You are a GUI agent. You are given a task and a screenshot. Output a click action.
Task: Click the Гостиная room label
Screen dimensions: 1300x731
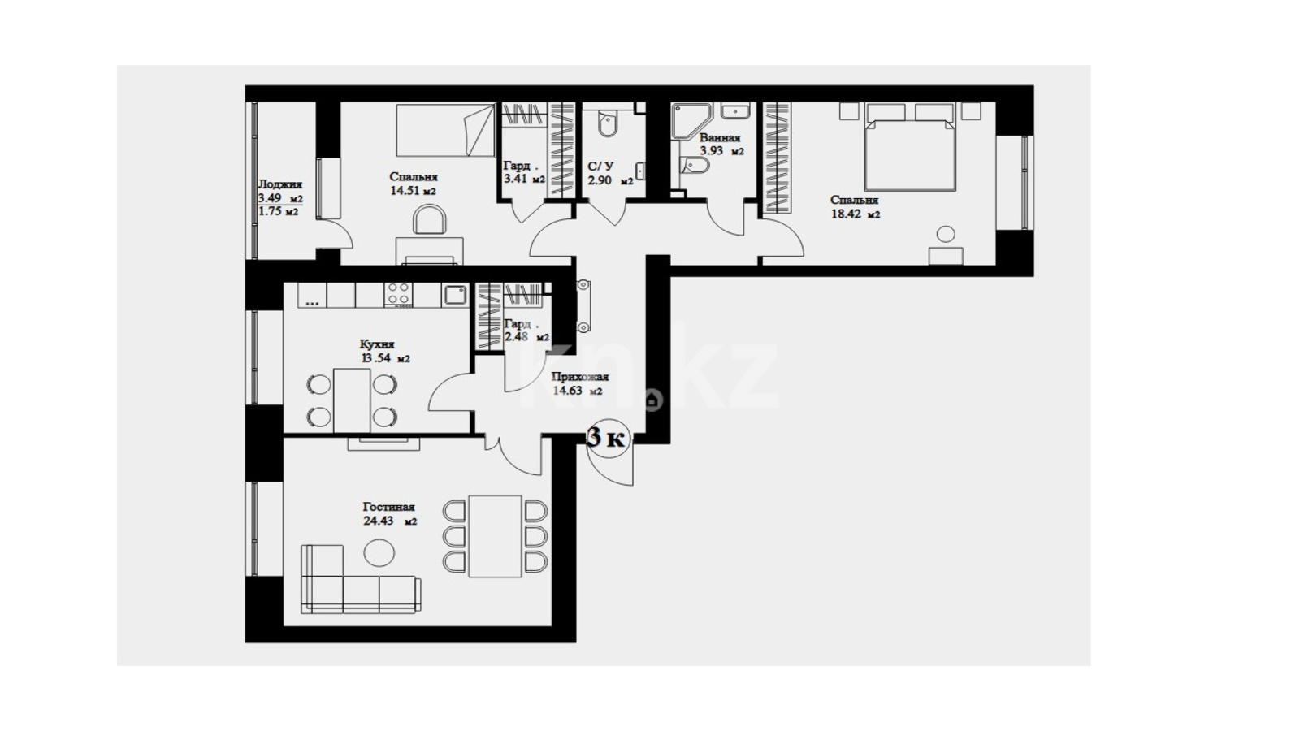coord(389,507)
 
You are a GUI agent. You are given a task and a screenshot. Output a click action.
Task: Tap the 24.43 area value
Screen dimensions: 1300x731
coord(379,521)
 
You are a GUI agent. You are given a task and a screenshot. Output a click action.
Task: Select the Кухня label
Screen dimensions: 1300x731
coord(377,344)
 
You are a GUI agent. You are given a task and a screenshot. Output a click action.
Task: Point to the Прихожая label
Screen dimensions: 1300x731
coord(580,377)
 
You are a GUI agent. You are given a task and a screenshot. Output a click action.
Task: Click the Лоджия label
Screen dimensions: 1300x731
coord(279,184)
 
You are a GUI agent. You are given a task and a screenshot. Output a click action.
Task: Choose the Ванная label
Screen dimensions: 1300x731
coord(720,138)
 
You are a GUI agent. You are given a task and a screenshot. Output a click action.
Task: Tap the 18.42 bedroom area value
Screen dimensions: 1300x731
coord(846,214)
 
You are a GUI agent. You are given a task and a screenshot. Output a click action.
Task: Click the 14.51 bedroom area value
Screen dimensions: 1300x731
coord(405,191)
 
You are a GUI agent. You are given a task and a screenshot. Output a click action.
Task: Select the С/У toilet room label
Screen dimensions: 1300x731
coord(600,167)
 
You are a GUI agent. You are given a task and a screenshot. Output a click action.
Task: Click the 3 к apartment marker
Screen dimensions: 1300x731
coord(607,439)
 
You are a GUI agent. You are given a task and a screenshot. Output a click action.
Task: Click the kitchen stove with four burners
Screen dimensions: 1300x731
coord(399,295)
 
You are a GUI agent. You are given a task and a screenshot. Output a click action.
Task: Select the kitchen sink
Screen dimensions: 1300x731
coord(454,296)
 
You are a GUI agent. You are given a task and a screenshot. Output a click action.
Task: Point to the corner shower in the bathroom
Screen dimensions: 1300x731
coord(690,121)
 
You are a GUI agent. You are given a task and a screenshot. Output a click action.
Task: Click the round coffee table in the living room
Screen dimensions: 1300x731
coord(379,552)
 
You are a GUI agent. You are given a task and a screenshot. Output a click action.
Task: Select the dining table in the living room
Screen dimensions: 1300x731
coord(495,536)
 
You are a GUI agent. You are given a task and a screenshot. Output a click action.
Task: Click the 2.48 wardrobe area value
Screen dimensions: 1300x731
coord(516,337)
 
